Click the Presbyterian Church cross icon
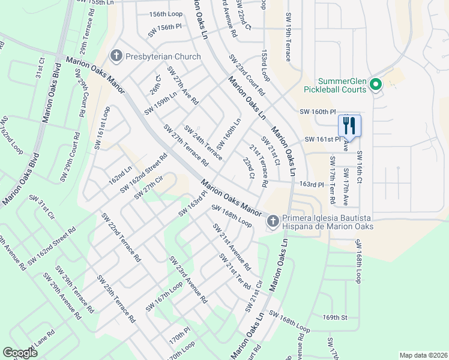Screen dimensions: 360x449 click(x=115, y=56)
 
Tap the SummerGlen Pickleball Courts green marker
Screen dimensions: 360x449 click(x=376, y=85)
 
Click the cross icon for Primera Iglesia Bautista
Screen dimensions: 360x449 click(x=273, y=221)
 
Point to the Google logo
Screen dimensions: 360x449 click(x=20, y=353)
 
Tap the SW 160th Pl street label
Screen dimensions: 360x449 click(x=316, y=112)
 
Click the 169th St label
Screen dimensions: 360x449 click(x=335, y=317)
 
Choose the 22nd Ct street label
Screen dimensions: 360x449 click(x=249, y=168)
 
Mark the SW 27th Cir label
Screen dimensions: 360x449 click(x=149, y=187)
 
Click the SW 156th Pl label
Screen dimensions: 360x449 click(x=164, y=28)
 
